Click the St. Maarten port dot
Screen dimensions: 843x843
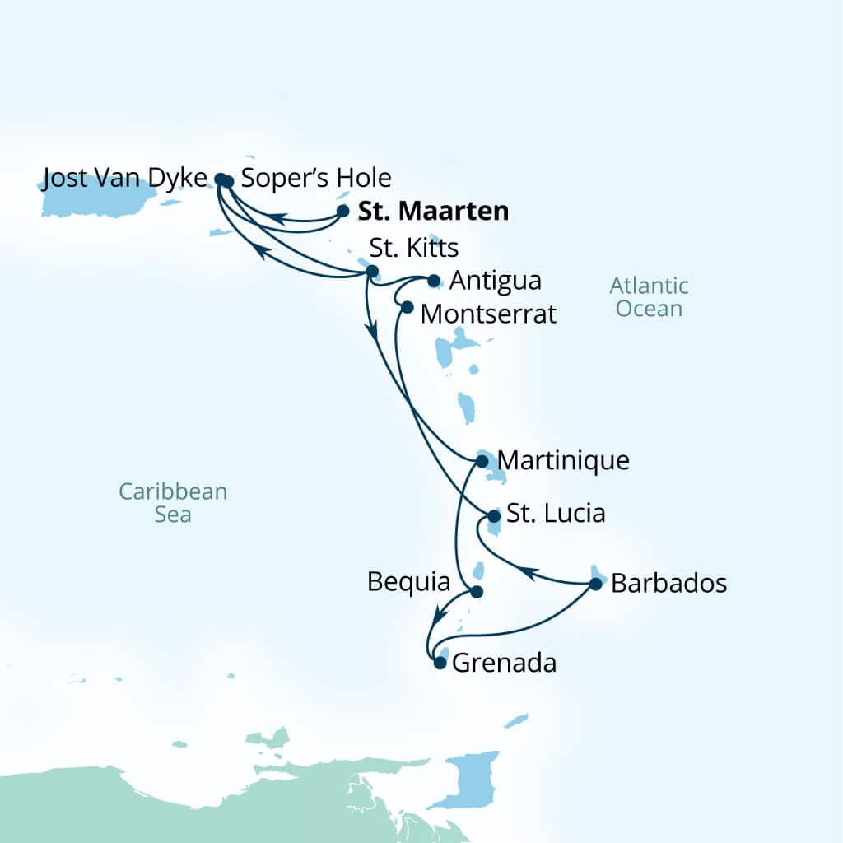[344, 212]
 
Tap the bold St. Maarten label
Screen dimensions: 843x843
[433, 212]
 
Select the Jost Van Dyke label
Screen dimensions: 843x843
[123, 177]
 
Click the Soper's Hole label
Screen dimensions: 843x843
[315, 177]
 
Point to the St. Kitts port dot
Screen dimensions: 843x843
[371, 271]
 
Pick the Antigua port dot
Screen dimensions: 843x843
[434, 281]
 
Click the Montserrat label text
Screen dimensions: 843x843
[488, 314]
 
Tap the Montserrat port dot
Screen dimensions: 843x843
[406, 307]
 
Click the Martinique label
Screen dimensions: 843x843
[564, 460]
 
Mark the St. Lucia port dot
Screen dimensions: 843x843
[494, 517]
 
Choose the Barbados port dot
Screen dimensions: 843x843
[596, 585]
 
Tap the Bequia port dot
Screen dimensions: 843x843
[475, 591]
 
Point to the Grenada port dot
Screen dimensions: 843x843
[440, 662]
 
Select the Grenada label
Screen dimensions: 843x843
[505, 662]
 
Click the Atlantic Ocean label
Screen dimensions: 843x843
[649, 297]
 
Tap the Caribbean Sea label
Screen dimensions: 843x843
[173, 502]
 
